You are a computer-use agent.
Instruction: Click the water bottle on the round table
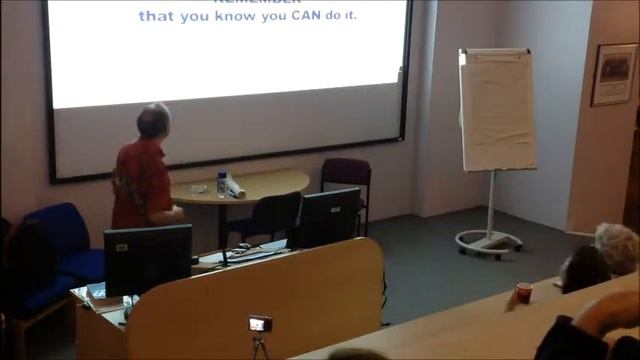click(x=222, y=184)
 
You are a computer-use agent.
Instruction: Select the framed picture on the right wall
click(x=613, y=74)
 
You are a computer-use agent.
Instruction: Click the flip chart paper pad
click(x=497, y=110)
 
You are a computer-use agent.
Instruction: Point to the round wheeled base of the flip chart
click(x=489, y=243)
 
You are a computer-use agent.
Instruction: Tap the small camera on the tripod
click(x=260, y=324)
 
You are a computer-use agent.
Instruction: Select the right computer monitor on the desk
click(x=330, y=216)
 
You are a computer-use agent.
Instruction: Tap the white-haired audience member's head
click(x=617, y=247)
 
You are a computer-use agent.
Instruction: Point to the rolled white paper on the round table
click(x=237, y=188)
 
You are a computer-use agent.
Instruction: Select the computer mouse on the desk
click(x=243, y=245)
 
